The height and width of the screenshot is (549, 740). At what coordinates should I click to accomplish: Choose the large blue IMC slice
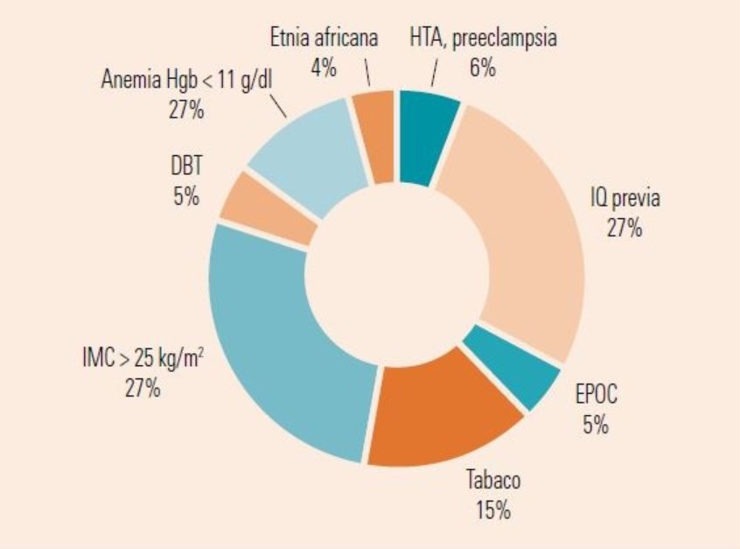[280, 350]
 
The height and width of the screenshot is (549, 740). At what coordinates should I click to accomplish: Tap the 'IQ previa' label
[624, 198]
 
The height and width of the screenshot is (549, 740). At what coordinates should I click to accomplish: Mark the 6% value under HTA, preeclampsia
[482, 68]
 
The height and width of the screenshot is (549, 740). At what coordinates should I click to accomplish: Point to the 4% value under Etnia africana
[324, 68]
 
